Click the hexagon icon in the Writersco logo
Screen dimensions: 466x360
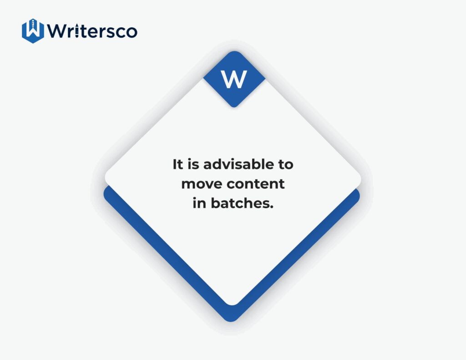[x=33, y=31]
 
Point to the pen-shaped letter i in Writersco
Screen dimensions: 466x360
[x=77, y=30]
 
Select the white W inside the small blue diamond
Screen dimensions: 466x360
[x=234, y=79]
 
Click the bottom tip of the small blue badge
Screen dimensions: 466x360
[x=234, y=107]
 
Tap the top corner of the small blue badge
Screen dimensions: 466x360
[x=234, y=51]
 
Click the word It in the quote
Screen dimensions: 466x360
[x=178, y=164]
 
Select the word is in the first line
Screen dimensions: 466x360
[x=193, y=164]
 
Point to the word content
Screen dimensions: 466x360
[x=256, y=184]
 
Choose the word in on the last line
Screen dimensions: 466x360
[x=199, y=203]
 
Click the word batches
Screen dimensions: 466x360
[x=240, y=203]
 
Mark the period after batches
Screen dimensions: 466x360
[x=271, y=207]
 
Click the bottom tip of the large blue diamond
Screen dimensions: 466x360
[x=231, y=321]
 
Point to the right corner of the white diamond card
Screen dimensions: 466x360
[x=361, y=179]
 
